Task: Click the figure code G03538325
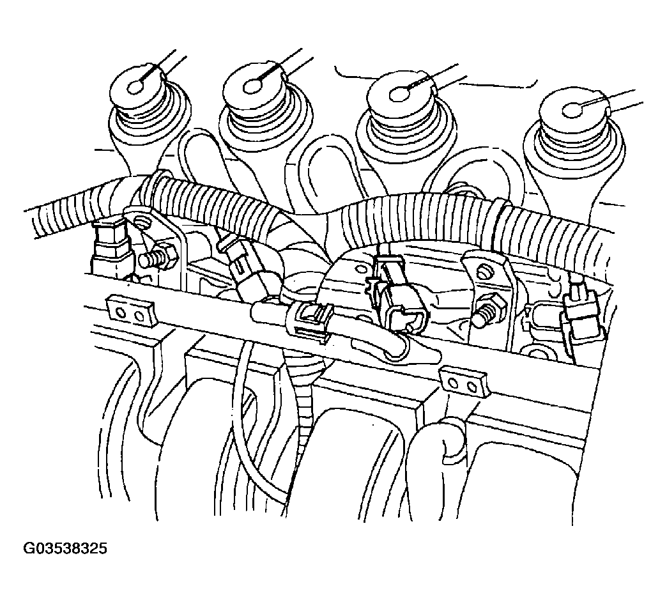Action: pos(65,548)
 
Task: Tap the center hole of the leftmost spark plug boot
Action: pos(137,88)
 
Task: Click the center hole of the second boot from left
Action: pos(252,87)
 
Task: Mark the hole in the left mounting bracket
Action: pos(142,222)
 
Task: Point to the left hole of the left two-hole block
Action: pos(121,314)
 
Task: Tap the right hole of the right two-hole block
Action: pos(471,385)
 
